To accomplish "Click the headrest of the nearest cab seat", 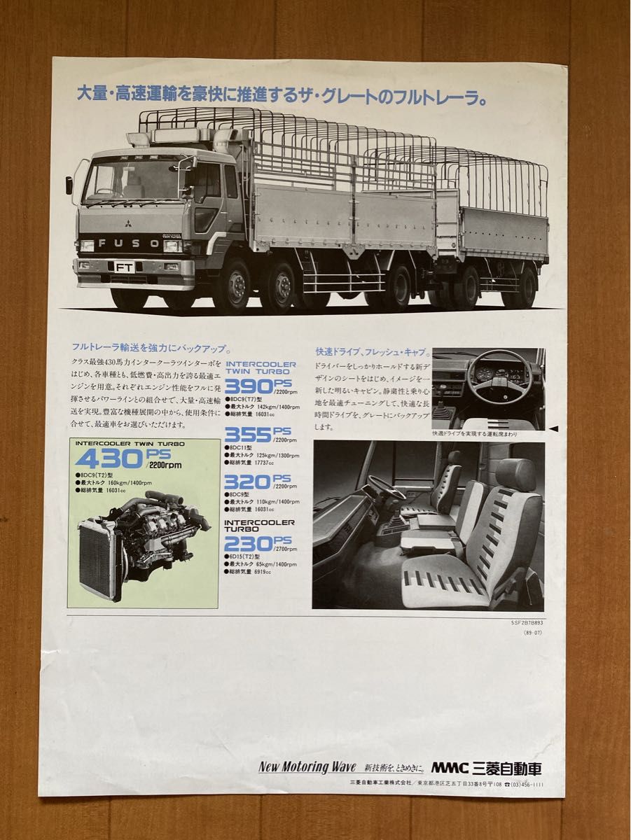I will click(x=516, y=475).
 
